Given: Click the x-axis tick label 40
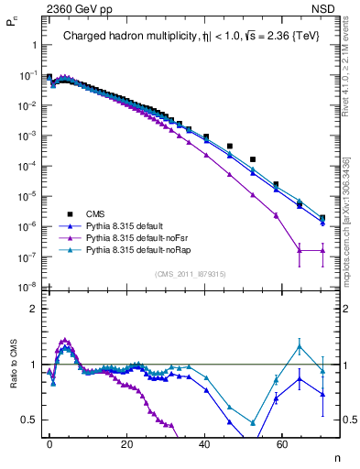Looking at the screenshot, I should [205, 442].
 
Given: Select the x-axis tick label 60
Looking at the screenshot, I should [283, 442].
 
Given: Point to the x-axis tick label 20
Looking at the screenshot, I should [127, 442].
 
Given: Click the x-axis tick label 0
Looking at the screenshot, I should [49, 442].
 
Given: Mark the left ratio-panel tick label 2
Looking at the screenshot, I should [33, 309].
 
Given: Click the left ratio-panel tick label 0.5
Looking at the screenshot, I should [29, 420].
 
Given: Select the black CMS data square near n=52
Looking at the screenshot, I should [253, 159].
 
